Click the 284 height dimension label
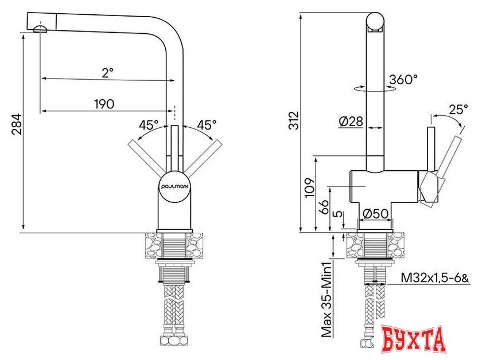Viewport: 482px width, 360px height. [x=16, y=124]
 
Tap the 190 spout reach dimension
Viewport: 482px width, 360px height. [x=104, y=104]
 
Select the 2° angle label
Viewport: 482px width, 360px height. [x=108, y=72]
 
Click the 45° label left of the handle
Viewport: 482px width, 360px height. [x=149, y=124]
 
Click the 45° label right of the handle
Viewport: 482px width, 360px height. [x=206, y=124]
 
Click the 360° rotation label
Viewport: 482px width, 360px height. [x=403, y=80]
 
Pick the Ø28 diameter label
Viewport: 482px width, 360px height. [x=351, y=122]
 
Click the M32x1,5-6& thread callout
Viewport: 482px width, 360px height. [x=434, y=278]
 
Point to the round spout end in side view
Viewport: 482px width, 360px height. [x=375, y=22]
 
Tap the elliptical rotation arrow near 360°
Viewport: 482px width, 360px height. [x=367, y=89]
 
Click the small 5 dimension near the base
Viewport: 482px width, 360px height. [x=338, y=217]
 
